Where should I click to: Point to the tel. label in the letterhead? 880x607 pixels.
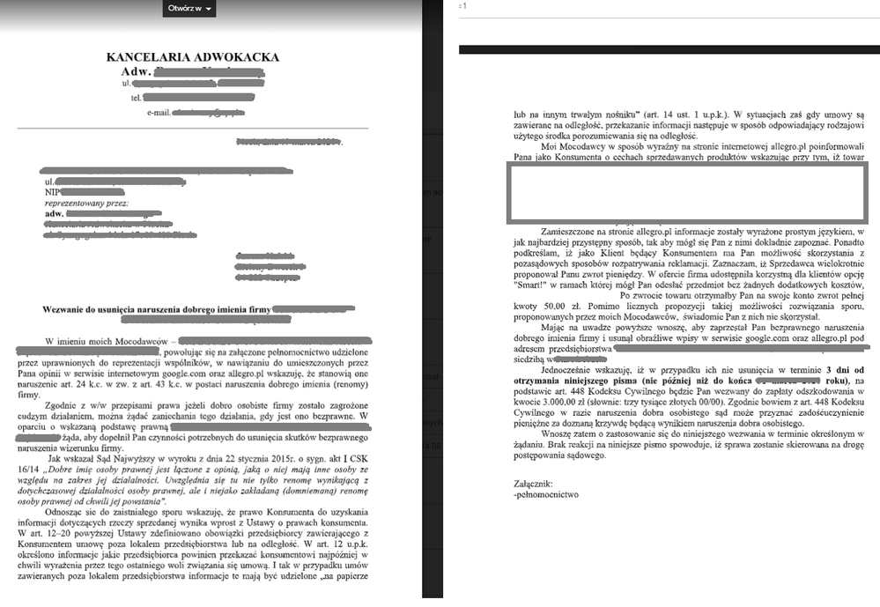[137, 98]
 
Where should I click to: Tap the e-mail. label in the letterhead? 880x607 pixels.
[159, 114]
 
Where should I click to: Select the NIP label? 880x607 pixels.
[54, 191]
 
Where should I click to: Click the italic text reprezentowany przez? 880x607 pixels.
[85, 203]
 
